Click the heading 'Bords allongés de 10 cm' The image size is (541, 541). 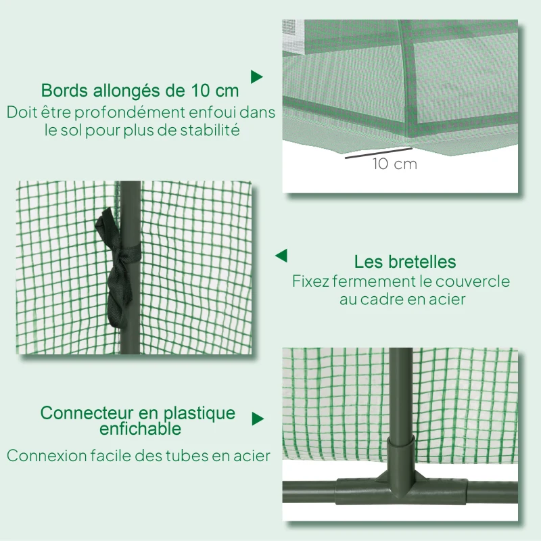pyautogui.click(x=140, y=90)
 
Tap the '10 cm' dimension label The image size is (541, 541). pyautogui.click(x=394, y=164)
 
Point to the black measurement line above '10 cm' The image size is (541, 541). pyautogui.click(x=378, y=153)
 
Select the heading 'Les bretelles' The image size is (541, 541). pyautogui.click(x=405, y=262)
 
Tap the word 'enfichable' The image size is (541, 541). pyautogui.click(x=140, y=429)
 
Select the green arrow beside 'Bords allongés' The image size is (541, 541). pyautogui.click(x=256, y=76)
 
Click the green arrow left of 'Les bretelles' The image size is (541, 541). pyautogui.click(x=281, y=256)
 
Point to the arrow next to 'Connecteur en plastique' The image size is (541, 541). pyautogui.click(x=257, y=419)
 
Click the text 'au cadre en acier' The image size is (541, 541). pyautogui.click(x=402, y=299)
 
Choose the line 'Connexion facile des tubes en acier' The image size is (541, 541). pyautogui.click(x=139, y=456)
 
